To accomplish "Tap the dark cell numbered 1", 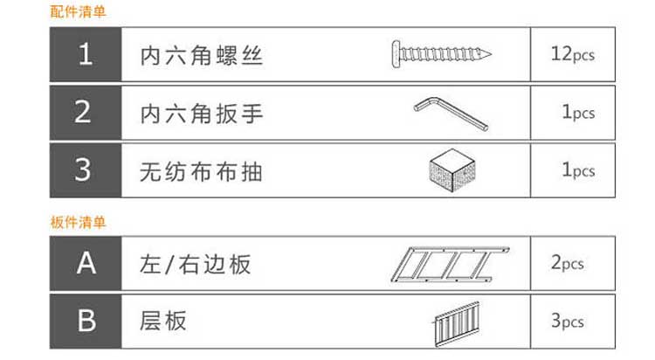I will pyautogui.click(x=85, y=54).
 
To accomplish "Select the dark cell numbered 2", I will pyautogui.click(x=85, y=112).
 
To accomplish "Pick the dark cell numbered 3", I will pyautogui.click(x=85, y=170).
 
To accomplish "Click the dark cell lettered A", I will pyautogui.click(x=85, y=263).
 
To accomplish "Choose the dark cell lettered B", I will pyautogui.click(x=85, y=321).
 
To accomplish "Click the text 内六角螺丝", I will pyautogui.click(x=202, y=56).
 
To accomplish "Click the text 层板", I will pyautogui.click(x=163, y=322).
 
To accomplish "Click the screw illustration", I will pyautogui.click(x=437, y=53).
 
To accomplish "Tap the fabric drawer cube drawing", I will pyautogui.click(x=452, y=169).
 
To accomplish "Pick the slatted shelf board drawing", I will pyautogui.click(x=457, y=322).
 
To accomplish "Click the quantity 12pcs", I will pyautogui.click(x=573, y=54).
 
